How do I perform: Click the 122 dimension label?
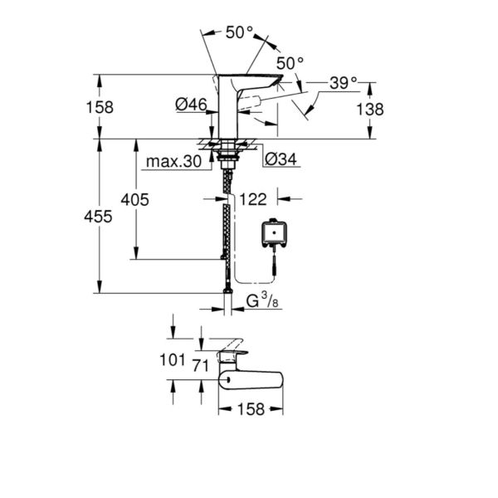tap(252, 199)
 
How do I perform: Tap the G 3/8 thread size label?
tap(262, 303)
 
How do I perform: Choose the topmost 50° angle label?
tap(239, 32)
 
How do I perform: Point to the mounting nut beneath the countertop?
tap(225, 155)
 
